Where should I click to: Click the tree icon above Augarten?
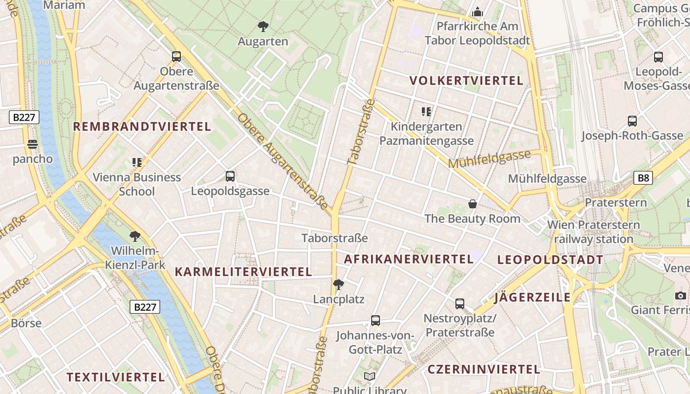(x=263, y=27)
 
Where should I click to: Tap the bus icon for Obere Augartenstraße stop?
(x=176, y=57)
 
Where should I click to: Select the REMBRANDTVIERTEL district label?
(x=142, y=127)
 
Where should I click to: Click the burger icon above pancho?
(x=33, y=144)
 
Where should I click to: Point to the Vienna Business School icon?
(x=137, y=162)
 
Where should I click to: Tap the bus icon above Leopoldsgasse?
(x=230, y=176)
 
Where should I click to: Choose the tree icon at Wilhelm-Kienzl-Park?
(x=135, y=236)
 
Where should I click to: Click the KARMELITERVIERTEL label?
(x=243, y=272)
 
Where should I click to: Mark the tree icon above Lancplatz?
(x=338, y=284)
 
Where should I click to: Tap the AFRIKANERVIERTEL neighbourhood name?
(x=409, y=259)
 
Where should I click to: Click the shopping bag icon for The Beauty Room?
(x=472, y=204)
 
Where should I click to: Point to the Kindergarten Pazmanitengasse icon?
(x=426, y=112)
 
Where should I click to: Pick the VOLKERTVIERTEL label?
(x=466, y=81)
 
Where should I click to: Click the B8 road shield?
(x=643, y=178)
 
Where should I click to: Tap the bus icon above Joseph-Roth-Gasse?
(x=632, y=121)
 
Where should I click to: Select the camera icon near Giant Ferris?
(x=681, y=295)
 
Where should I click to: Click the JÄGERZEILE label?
(x=532, y=297)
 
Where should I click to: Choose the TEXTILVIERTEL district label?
(x=116, y=377)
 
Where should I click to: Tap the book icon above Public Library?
(x=370, y=377)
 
